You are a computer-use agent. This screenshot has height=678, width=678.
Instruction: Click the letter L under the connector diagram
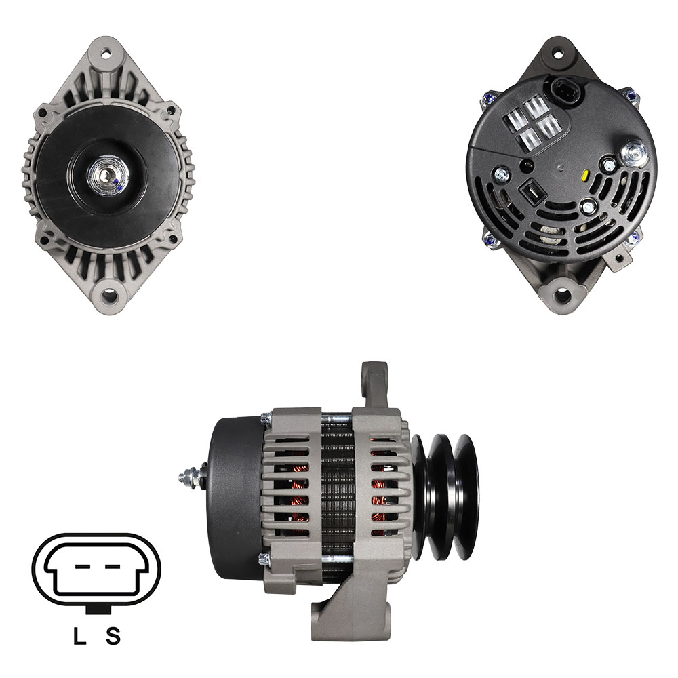(x=79, y=636)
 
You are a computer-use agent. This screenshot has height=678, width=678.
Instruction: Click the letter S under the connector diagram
(x=113, y=636)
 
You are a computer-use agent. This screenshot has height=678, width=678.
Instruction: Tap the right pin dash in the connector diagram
(x=112, y=566)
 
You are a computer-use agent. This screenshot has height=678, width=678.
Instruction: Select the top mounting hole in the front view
(x=106, y=55)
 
